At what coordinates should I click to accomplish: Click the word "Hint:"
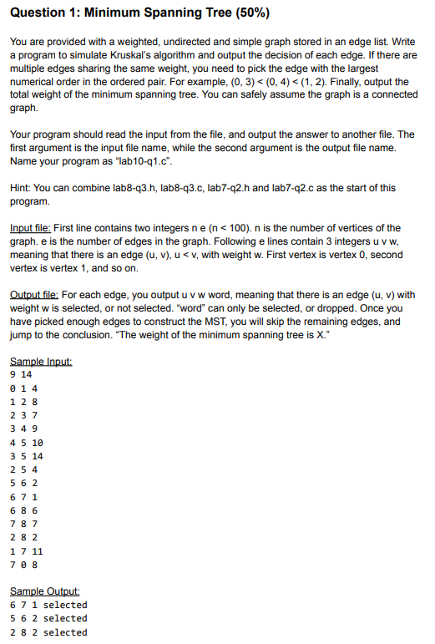point(22,188)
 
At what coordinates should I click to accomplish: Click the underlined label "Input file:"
point(32,228)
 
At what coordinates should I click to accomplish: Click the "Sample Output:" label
point(44,591)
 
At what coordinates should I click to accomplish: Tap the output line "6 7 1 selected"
point(48,605)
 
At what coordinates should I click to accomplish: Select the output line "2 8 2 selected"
point(48,632)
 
